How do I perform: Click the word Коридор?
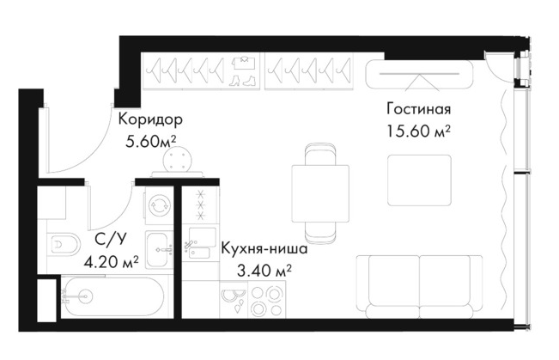pyautogui.click(x=150, y=119)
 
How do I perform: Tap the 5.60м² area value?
pyautogui.click(x=151, y=142)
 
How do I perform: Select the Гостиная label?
pyautogui.click(x=418, y=109)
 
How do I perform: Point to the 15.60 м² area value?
pyautogui.click(x=418, y=131)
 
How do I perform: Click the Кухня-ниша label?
pyautogui.click(x=264, y=248)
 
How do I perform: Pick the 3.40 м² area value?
pyautogui.click(x=264, y=272)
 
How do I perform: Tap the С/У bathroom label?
pyautogui.click(x=111, y=239)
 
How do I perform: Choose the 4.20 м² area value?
pyautogui.click(x=111, y=262)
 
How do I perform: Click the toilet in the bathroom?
pyautogui.click(x=65, y=244)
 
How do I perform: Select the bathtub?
pyautogui.click(x=113, y=296)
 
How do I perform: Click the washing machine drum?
pyautogui.click(x=159, y=205)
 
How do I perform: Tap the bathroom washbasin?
pyautogui.click(x=160, y=250)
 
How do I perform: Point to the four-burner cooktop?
pyautogui.click(x=267, y=299)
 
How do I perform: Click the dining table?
pyautogui.click(x=320, y=193)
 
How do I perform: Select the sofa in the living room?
pyautogui.click(x=420, y=286)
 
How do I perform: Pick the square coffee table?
pyautogui.click(x=419, y=180)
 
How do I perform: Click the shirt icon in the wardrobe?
pyautogui.click(x=243, y=63)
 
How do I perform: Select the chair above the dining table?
pyautogui.click(x=320, y=154)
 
